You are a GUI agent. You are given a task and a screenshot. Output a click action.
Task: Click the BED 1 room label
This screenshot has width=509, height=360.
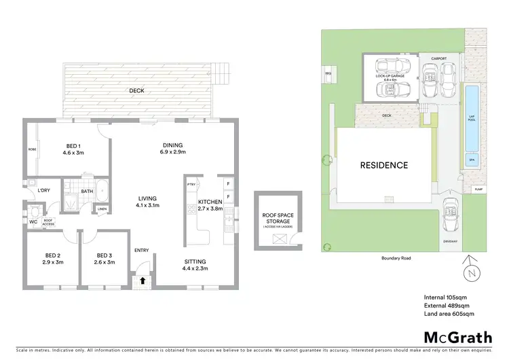click(73, 149)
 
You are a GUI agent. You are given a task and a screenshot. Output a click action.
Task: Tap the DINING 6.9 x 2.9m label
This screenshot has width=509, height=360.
click(174, 148)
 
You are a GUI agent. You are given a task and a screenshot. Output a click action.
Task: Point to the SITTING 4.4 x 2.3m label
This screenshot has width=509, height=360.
click(196, 265)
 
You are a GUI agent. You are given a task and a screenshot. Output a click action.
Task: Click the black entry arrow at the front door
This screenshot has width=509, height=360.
click(143, 280)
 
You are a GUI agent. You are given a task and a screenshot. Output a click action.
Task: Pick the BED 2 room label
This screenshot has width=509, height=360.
click(52, 258)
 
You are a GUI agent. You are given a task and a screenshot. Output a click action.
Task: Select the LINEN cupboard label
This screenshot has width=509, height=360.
click(101, 209)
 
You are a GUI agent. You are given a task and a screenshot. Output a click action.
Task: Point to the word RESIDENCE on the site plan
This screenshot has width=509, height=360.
click(383, 165)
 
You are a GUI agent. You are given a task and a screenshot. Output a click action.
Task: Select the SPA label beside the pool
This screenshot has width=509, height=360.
click(470, 160)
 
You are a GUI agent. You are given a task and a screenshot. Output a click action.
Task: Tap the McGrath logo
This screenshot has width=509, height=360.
click(453, 337)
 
